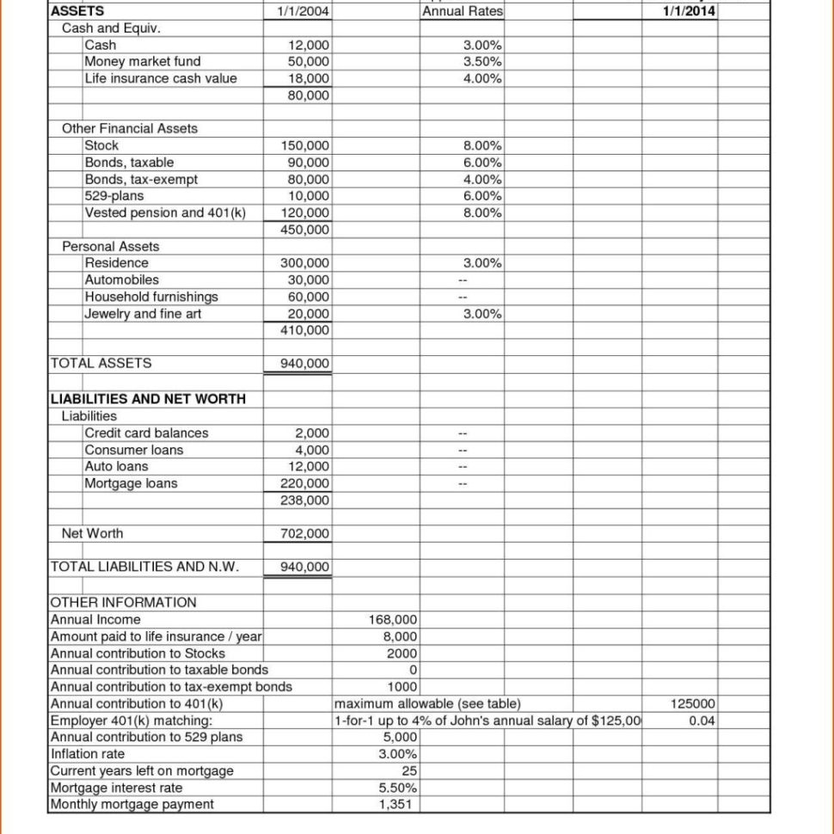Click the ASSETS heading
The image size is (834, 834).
click(x=77, y=11)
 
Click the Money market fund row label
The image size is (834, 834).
click(x=143, y=61)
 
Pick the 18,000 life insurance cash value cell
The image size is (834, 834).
click(x=308, y=78)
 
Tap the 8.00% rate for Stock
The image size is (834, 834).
click(x=482, y=145)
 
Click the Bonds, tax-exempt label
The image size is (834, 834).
click(x=141, y=179)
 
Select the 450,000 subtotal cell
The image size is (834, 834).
click(x=304, y=230)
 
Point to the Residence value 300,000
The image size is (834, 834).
click(x=304, y=263)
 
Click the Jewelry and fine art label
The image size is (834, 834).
click(x=143, y=314)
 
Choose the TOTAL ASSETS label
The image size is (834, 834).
click(x=101, y=363)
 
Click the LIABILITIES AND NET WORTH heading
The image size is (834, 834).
click(x=148, y=398)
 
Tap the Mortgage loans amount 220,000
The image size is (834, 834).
click(x=304, y=483)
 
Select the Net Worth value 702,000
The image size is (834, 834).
click(x=304, y=533)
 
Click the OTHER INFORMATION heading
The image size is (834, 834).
click(x=124, y=602)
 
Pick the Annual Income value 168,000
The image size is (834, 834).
click(x=393, y=619)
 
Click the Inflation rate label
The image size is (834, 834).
click(x=89, y=754)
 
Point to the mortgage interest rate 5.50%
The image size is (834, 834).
click(x=397, y=788)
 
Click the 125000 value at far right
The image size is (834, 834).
click(x=692, y=703)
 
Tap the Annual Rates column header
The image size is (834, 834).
click(x=463, y=11)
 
